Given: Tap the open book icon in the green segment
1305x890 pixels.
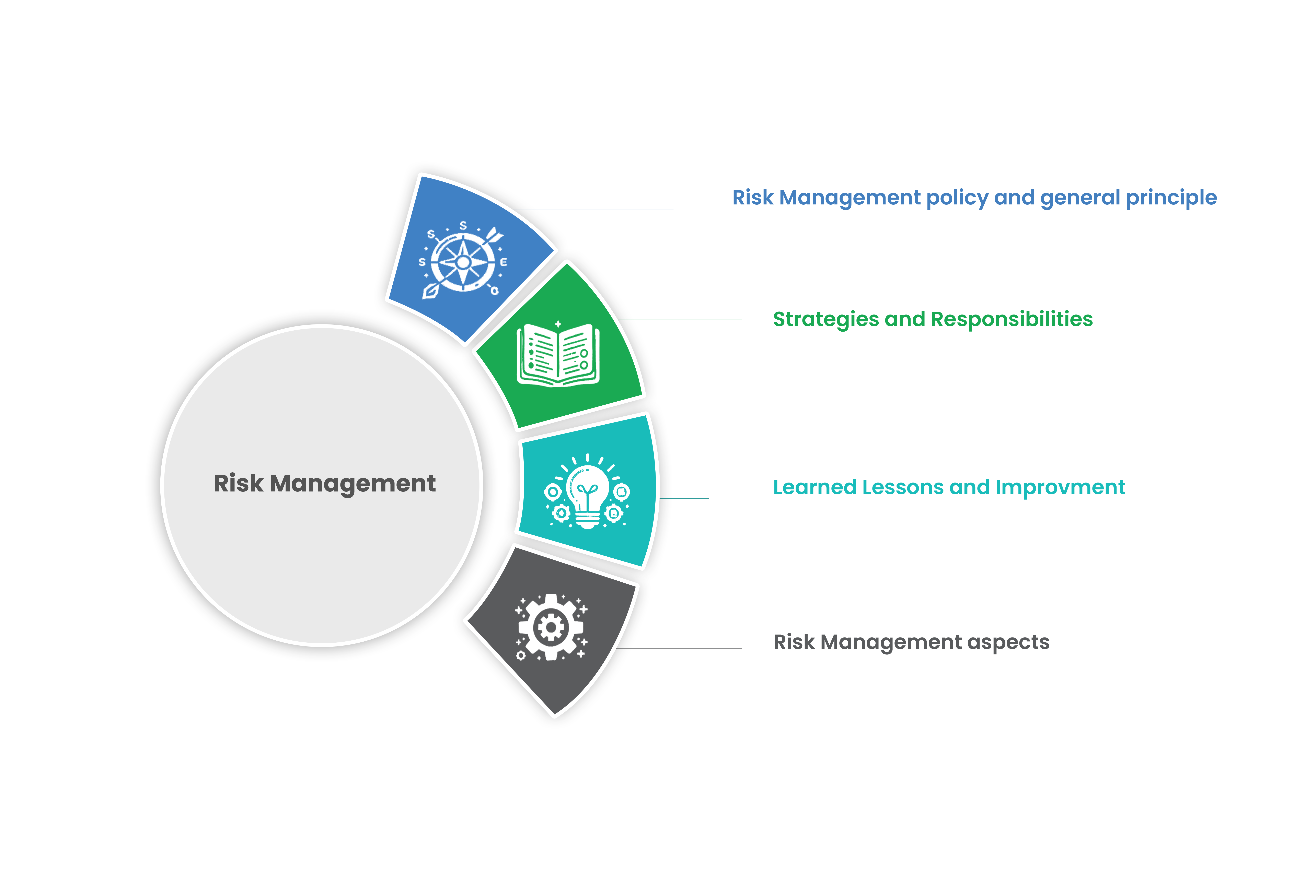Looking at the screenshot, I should (558, 355).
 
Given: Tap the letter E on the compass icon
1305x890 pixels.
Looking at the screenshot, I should (503, 262).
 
